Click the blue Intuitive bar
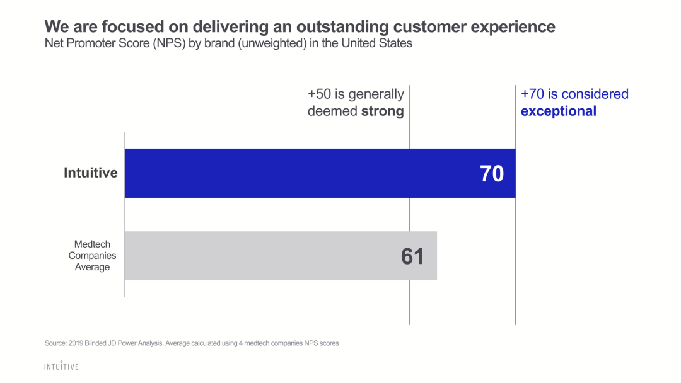click(x=303, y=173)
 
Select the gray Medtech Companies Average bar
click(x=265, y=256)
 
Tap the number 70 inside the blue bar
click(x=492, y=173)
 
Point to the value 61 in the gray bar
click(x=412, y=256)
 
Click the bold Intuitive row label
click(x=91, y=173)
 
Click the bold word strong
click(x=382, y=111)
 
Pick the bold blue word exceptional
click(x=558, y=111)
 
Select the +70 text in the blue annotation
click(x=533, y=94)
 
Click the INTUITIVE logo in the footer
click(x=61, y=366)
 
